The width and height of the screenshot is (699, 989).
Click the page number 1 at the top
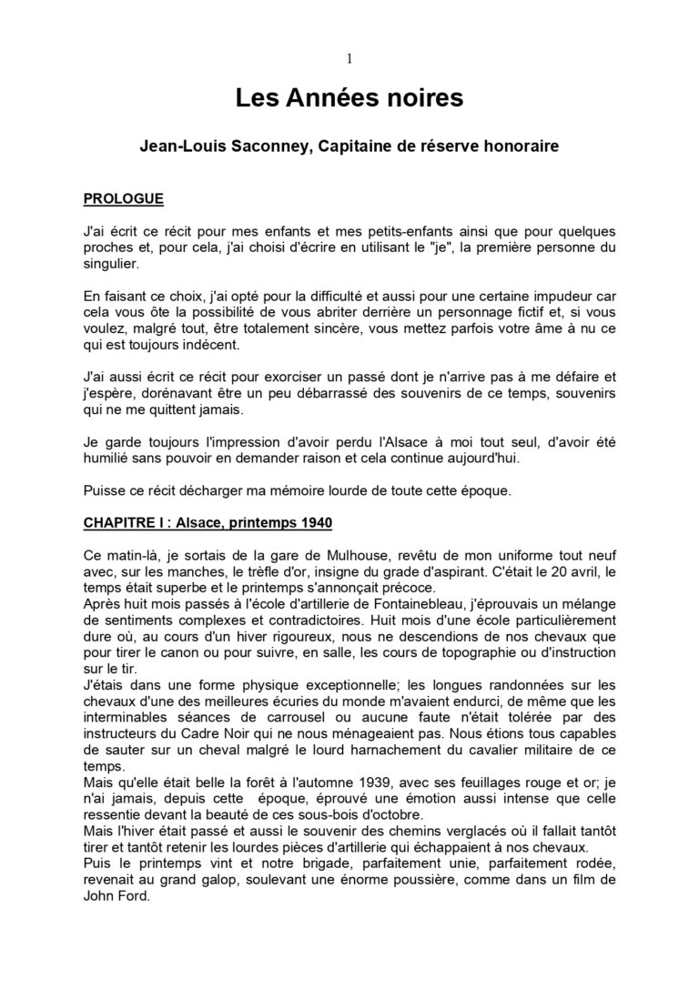pos(349,59)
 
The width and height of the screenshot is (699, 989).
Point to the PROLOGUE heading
pos(123,198)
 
